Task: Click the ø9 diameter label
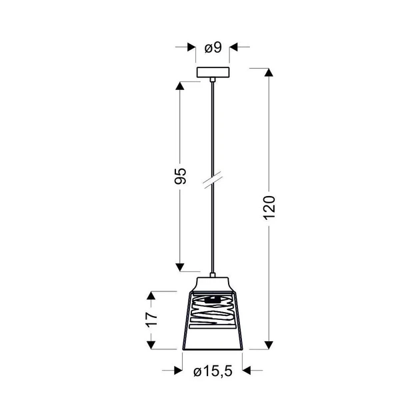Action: click(213, 48)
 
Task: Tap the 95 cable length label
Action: click(180, 176)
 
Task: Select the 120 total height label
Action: click(269, 208)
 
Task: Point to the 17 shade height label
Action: click(151, 320)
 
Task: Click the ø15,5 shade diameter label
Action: click(213, 371)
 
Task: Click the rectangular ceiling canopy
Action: click(213, 72)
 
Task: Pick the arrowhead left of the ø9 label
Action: click(191, 47)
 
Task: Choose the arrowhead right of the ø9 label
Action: click(234, 47)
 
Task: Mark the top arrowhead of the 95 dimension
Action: click(180, 86)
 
